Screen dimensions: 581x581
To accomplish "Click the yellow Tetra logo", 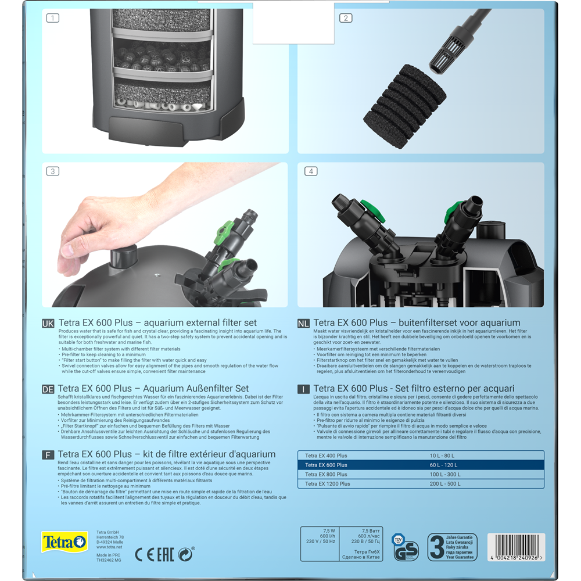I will (64, 543).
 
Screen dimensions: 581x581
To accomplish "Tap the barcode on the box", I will (517, 546).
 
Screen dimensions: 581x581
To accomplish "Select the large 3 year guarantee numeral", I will (437, 547).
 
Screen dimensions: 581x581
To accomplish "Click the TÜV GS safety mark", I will (406, 547).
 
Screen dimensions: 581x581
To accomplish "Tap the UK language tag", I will (49, 323).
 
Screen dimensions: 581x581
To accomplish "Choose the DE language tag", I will (49, 389).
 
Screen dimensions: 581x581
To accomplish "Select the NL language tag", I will (304, 323).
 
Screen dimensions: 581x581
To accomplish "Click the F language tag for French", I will (49, 454).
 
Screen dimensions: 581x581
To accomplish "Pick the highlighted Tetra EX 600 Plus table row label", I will (327, 465).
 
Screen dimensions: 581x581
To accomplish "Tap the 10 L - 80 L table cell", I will (442, 456).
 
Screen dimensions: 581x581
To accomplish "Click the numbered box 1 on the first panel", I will (53, 18).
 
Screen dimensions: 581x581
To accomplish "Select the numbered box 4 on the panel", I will (311, 171).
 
